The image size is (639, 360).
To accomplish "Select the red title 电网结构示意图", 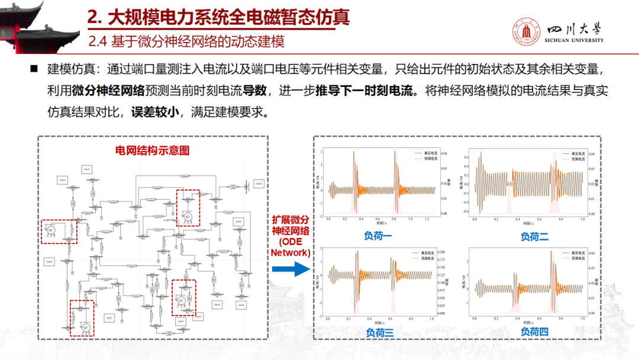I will (152, 150).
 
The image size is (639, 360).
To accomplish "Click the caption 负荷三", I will (379, 333).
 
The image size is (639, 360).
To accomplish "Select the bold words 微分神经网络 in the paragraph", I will (108, 90).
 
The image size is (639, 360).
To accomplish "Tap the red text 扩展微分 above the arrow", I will (290, 220).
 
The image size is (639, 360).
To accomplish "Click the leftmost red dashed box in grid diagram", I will (56, 231).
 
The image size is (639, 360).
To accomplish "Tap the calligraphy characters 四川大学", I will (575, 28).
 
